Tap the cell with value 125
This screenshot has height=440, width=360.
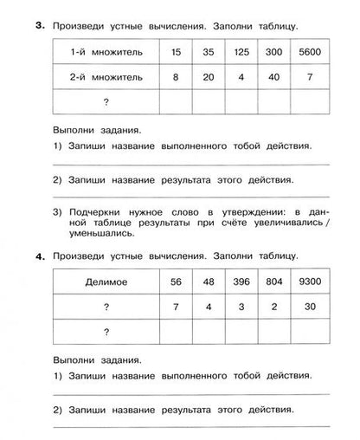[241, 55]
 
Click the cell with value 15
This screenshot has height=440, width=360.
[177, 55]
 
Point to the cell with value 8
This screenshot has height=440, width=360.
[177, 78]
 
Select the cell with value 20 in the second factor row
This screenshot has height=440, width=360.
[209, 78]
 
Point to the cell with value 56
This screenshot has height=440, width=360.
[177, 283]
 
